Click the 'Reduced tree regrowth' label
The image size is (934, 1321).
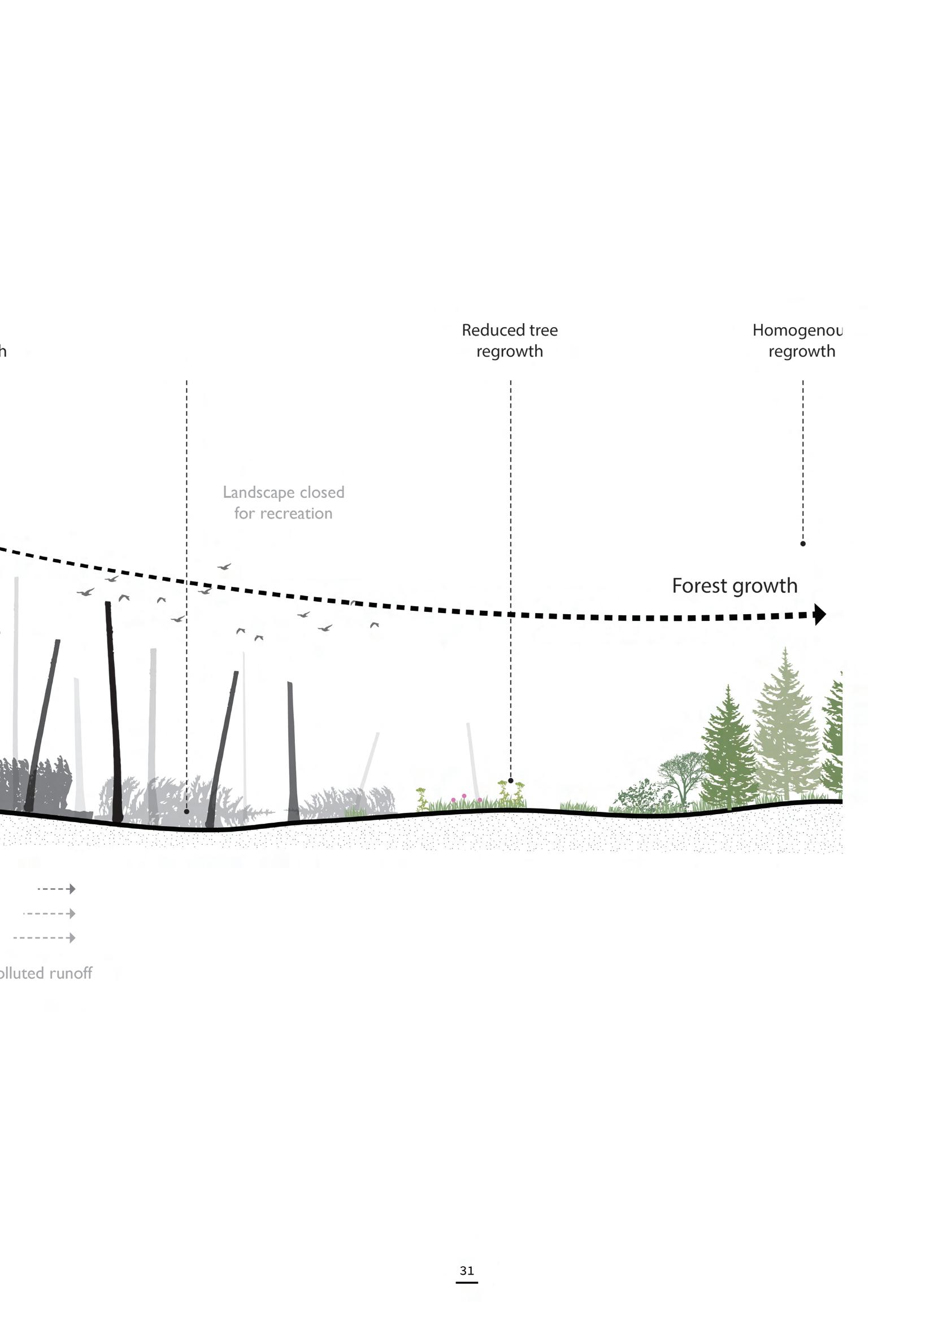[509, 341]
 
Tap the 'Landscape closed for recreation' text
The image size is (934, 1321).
[283, 502]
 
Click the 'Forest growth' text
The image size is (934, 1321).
[735, 586]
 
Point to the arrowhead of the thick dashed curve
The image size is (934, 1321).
[820, 615]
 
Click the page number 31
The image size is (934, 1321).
[467, 1270]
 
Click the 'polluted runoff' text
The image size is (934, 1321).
[46, 973]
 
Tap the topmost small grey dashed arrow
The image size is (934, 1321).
[57, 889]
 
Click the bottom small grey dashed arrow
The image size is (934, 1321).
[44, 938]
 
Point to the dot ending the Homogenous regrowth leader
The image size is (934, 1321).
[803, 544]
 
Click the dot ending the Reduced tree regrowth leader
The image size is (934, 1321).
[510, 781]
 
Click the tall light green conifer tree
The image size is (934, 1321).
[785, 725]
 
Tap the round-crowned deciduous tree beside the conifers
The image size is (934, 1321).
[682, 774]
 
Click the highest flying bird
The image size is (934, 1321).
[224, 567]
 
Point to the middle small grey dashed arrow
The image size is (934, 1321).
[50, 914]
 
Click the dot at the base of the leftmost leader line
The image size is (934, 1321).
[186, 811]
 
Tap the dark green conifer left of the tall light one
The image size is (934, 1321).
[728, 748]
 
